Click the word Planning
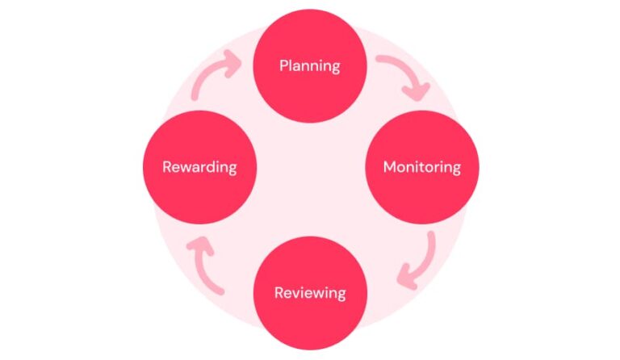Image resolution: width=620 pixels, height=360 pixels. click(x=310, y=66)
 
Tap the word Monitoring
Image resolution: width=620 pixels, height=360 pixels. click(x=422, y=167)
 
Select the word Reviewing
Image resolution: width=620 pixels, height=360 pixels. click(x=310, y=293)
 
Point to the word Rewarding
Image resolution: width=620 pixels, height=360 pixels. click(x=199, y=167)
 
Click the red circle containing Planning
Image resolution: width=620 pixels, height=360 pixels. click(x=310, y=65)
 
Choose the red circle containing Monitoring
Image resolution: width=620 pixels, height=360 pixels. click(x=422, y=167)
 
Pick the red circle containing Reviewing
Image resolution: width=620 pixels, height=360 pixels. click(x=310, y=293)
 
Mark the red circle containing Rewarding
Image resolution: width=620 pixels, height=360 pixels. click(x=199, y=167)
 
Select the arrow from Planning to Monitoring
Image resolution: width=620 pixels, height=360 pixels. click(x=407, y=70)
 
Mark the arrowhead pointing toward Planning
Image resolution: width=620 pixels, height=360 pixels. click(x=232, y=63)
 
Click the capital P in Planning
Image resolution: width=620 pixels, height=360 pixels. click(x=283, y=65)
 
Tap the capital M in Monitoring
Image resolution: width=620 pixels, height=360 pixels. click(x=390, y=167)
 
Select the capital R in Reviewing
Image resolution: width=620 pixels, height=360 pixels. click(x=279, y=292)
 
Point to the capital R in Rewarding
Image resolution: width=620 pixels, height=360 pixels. click(x=167, y=167)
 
